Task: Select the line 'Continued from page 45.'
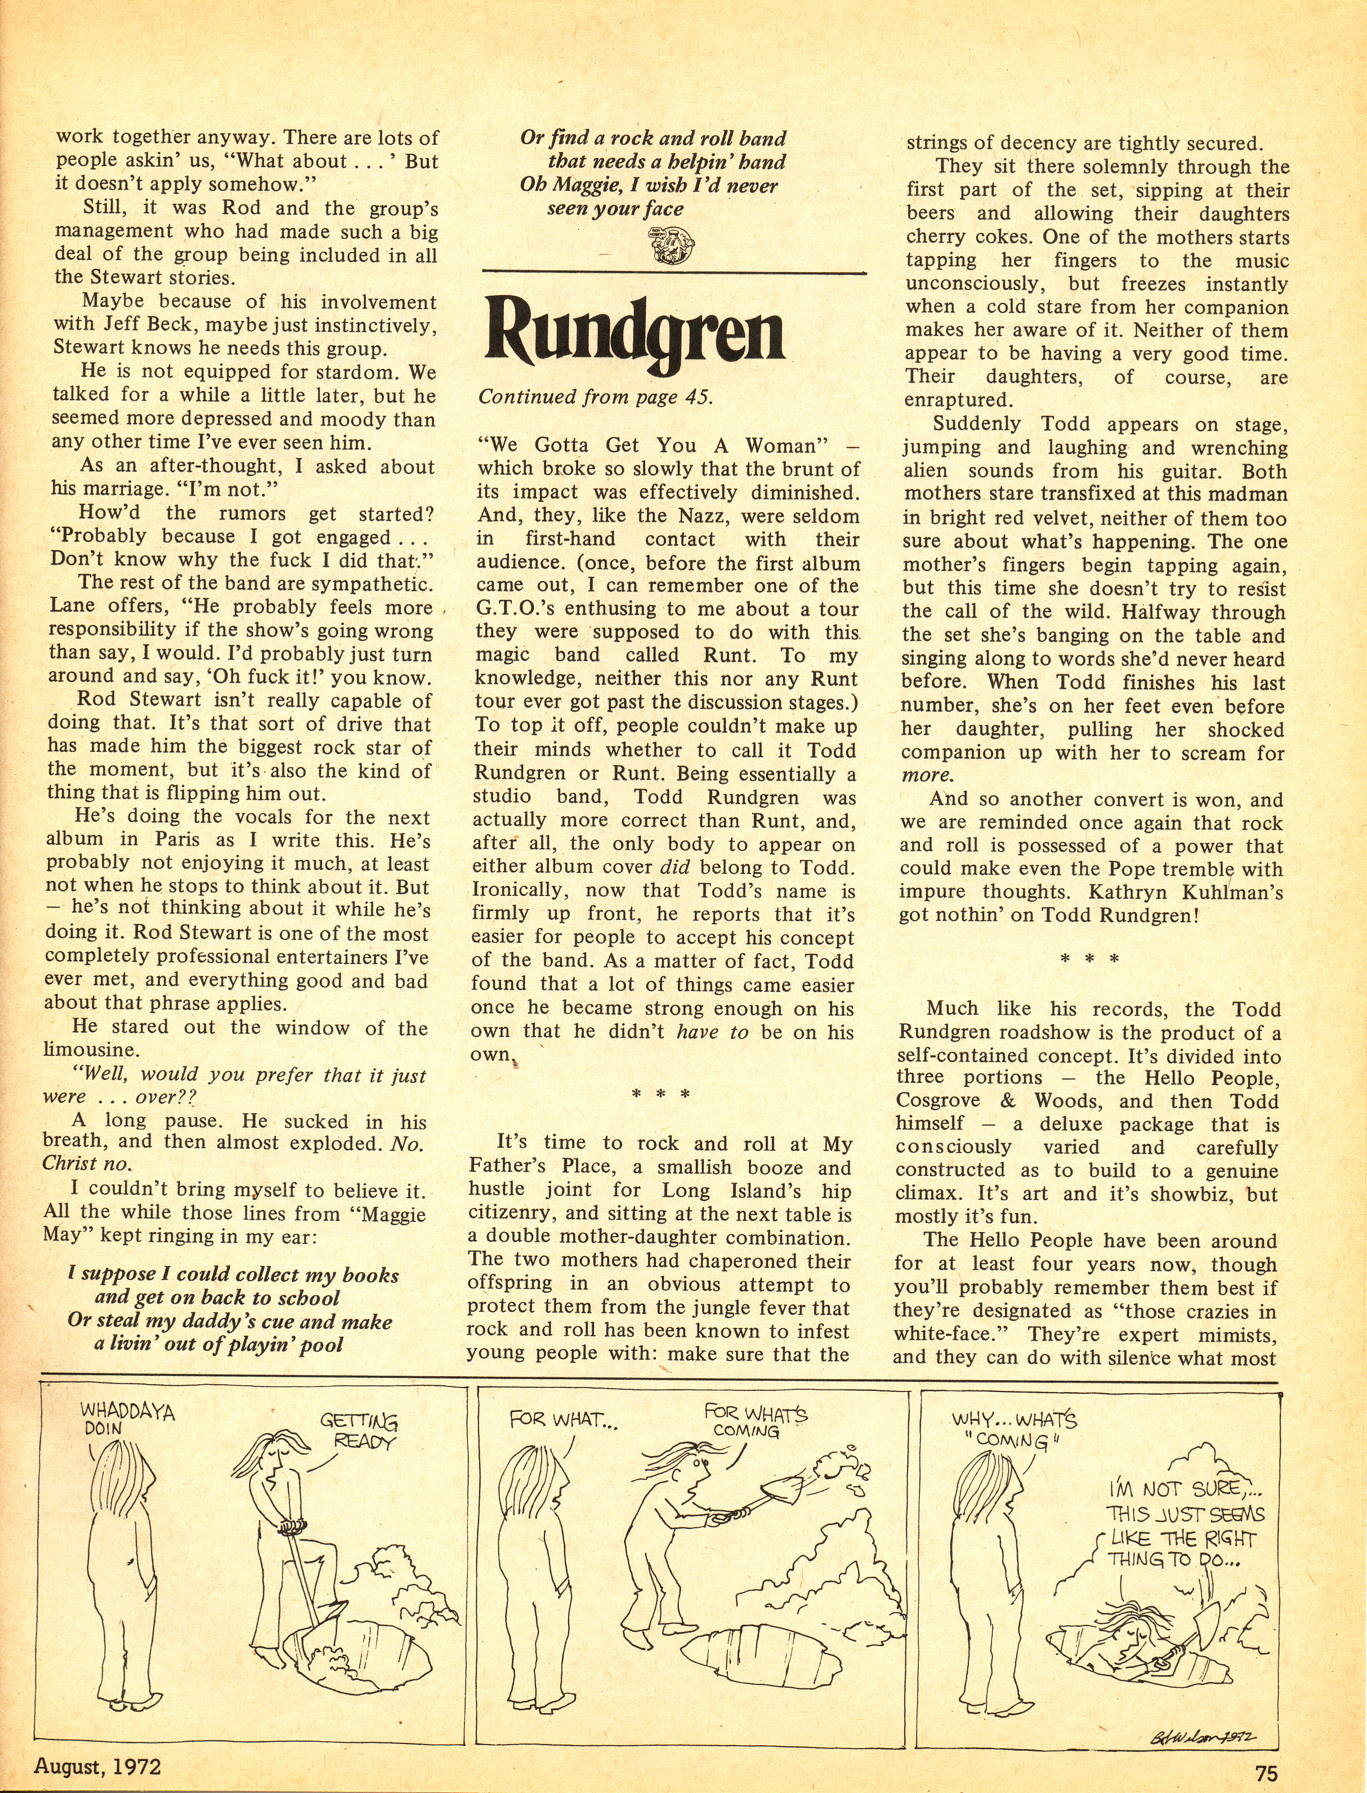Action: click(595, 397)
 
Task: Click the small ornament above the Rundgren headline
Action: click(671, 246)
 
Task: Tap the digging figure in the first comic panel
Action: click(285, 1530)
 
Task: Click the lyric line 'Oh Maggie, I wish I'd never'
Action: click(649, 186)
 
